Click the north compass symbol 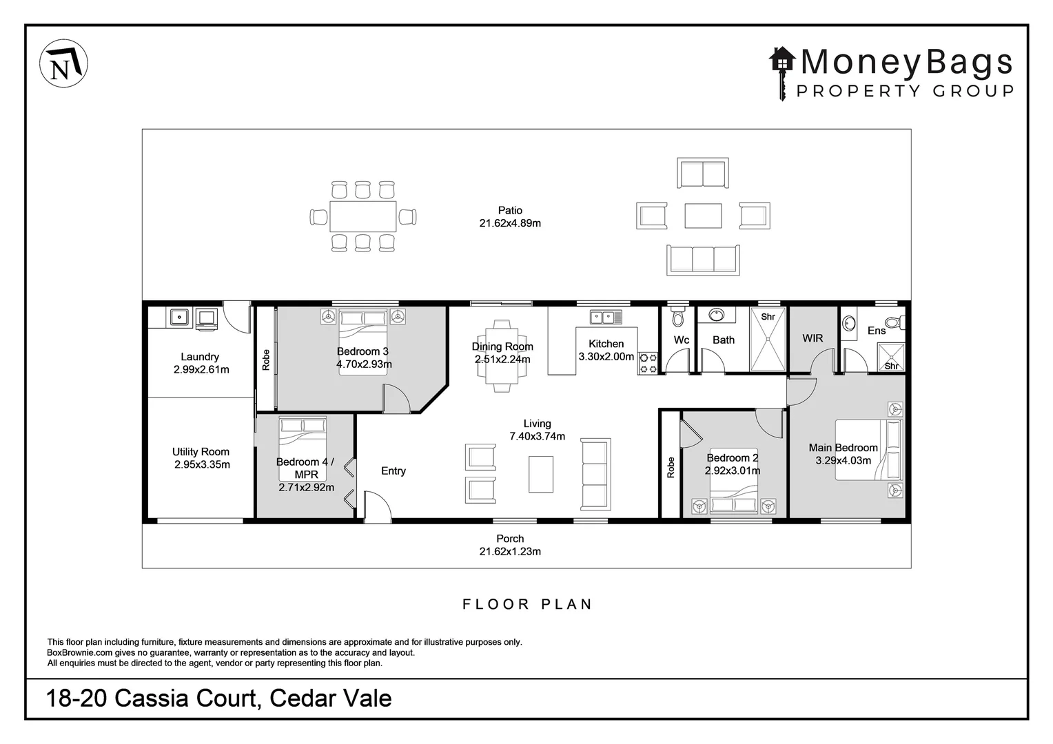coord(64,64)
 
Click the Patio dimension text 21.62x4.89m coord(510,223)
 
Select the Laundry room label coord(200,357)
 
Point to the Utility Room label coord(201,452)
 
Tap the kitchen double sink coord(606,317)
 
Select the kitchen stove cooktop coord(648,363)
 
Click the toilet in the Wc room coord(678,317)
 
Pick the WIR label coord(812,338)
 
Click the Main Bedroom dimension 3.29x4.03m coord(843,460)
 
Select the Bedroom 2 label coord(732,457)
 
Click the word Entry coord(393,471)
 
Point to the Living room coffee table coord(541,475)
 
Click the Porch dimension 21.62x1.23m coord(510,551)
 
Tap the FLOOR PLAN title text coord(527,604)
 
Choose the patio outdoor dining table coord(363,216)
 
